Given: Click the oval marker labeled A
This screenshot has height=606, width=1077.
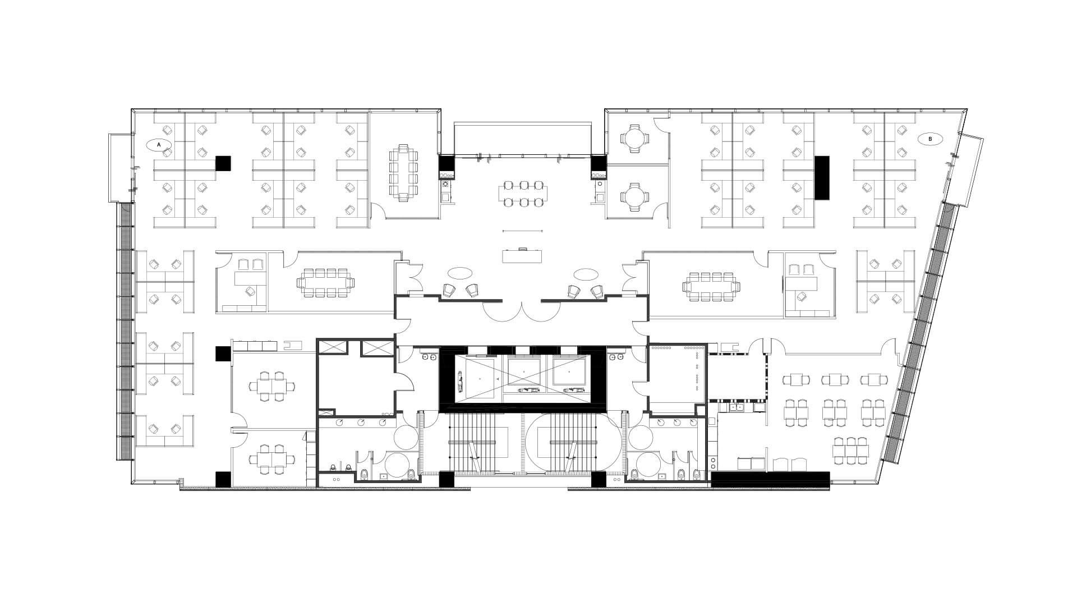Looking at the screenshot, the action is pos(159,145).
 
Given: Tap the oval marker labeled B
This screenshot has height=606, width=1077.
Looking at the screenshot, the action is pos(930,139).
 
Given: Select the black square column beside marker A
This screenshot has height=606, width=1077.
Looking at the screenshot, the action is pos(223,163).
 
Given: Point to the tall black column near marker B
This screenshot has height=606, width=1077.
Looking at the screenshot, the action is pos(822,177).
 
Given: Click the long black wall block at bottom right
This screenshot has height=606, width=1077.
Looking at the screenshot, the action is pos(770,478).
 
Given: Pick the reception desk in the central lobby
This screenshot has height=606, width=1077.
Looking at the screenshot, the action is pos(523,255).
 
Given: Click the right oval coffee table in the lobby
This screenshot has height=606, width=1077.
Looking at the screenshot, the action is pos(586,274).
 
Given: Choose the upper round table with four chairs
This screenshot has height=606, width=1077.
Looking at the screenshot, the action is pos(633,138).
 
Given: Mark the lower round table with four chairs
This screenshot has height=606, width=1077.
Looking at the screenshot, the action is pos(633,196).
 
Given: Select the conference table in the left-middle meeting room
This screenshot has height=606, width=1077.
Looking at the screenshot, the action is pos(325,283).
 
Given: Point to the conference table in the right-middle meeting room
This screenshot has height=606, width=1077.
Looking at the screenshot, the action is pos(711,287).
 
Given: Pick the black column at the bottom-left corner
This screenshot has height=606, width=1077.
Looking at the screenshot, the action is pos(223,479).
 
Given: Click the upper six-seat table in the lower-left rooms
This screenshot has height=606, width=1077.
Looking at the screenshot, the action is pos(272,385).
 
